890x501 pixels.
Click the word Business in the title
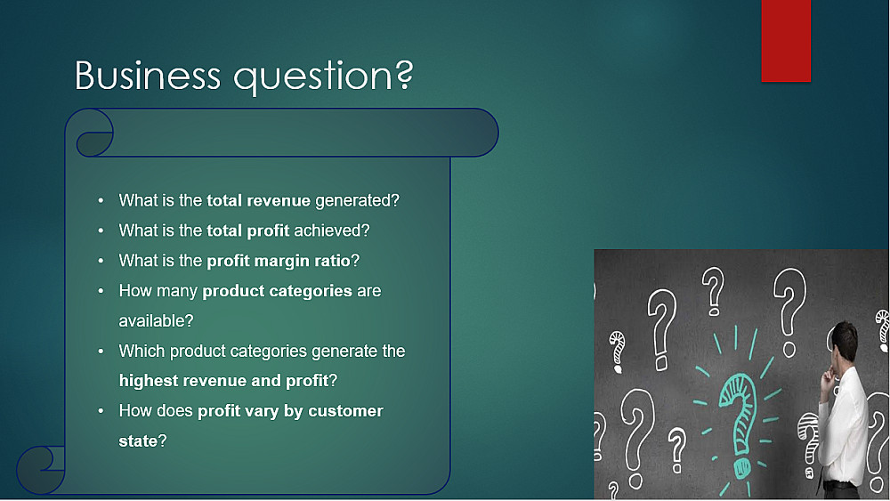point(148,75)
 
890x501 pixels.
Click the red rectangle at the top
point(786,40)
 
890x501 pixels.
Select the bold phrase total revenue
point(258,200)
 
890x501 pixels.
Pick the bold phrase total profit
point(248,230)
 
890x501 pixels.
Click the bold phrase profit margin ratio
point(279,261)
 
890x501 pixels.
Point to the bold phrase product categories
point(277,291)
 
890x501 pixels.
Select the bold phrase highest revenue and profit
point(223,381)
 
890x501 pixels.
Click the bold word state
point(138,440)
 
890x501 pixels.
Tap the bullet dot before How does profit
point(101,411)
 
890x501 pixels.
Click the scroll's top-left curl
point(92,133)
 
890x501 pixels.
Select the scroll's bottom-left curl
point(40,470)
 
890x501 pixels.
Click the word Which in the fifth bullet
point(142,352)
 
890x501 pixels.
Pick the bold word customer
point(345,411)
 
